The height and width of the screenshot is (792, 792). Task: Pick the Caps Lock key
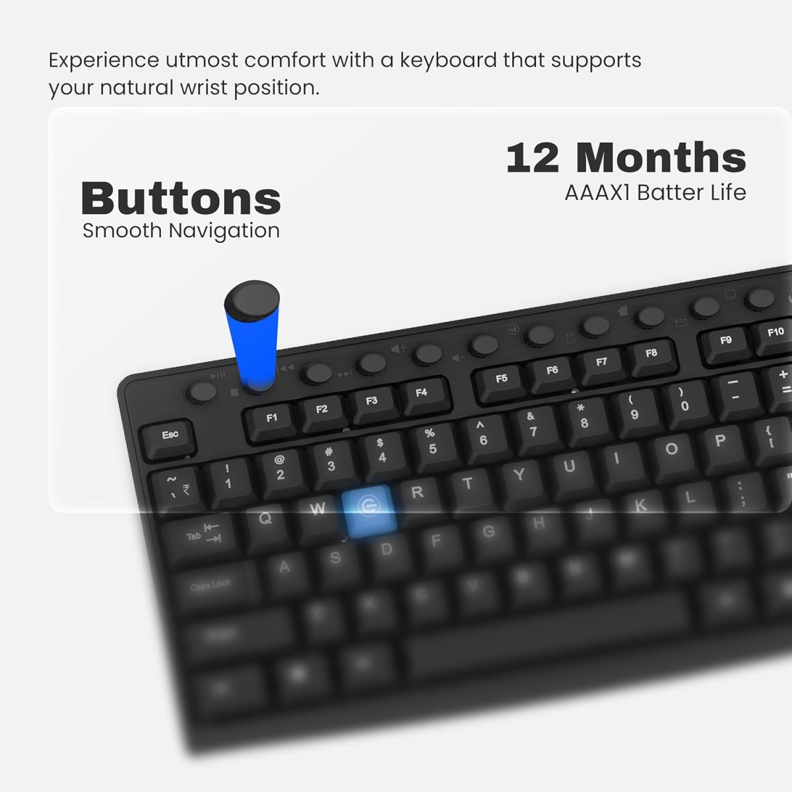pos(211,585)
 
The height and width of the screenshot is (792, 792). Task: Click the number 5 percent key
pos(432,442)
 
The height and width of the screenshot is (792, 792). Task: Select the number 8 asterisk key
pos(583,416)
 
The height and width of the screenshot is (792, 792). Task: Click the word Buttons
pos(181,198)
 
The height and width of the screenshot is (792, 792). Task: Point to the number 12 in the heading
pos(533,158)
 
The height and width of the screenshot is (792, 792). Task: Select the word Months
pos(661,158)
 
